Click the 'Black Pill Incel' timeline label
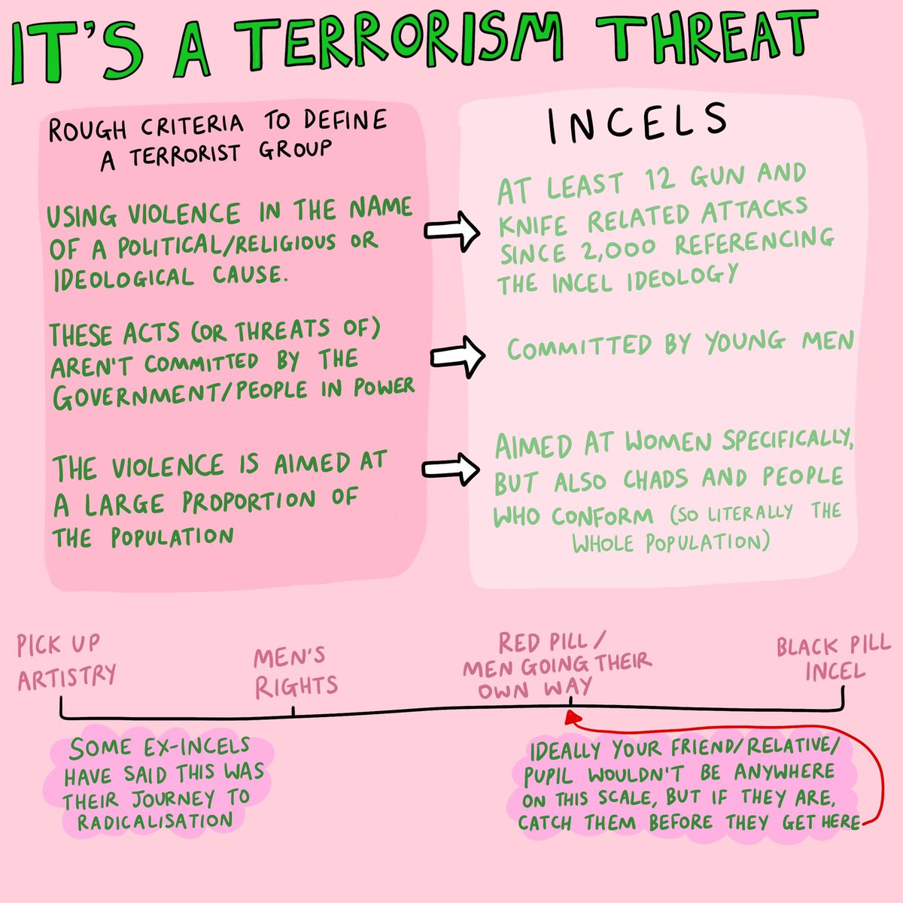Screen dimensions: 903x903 click(x=834, y=658)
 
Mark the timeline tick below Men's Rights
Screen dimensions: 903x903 click(x=293, y=711)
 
